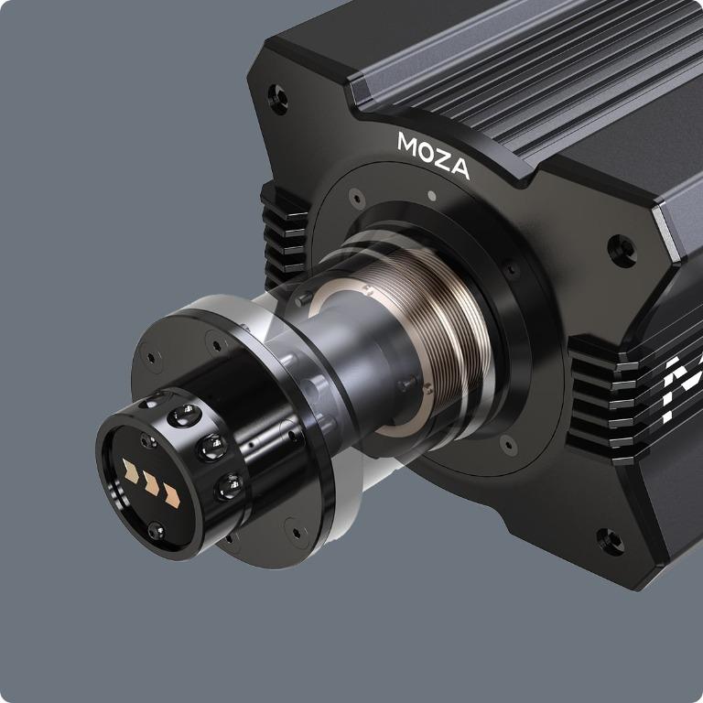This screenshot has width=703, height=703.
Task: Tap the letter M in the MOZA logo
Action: coord(408,143)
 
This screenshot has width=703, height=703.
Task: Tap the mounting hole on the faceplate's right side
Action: coord(622,247)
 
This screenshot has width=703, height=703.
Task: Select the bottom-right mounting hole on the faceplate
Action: coord(609,540)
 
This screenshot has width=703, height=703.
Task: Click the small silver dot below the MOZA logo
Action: coord(431,194)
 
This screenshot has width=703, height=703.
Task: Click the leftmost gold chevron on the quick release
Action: coord(132,474)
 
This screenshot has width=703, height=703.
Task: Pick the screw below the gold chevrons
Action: coord(157,528)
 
